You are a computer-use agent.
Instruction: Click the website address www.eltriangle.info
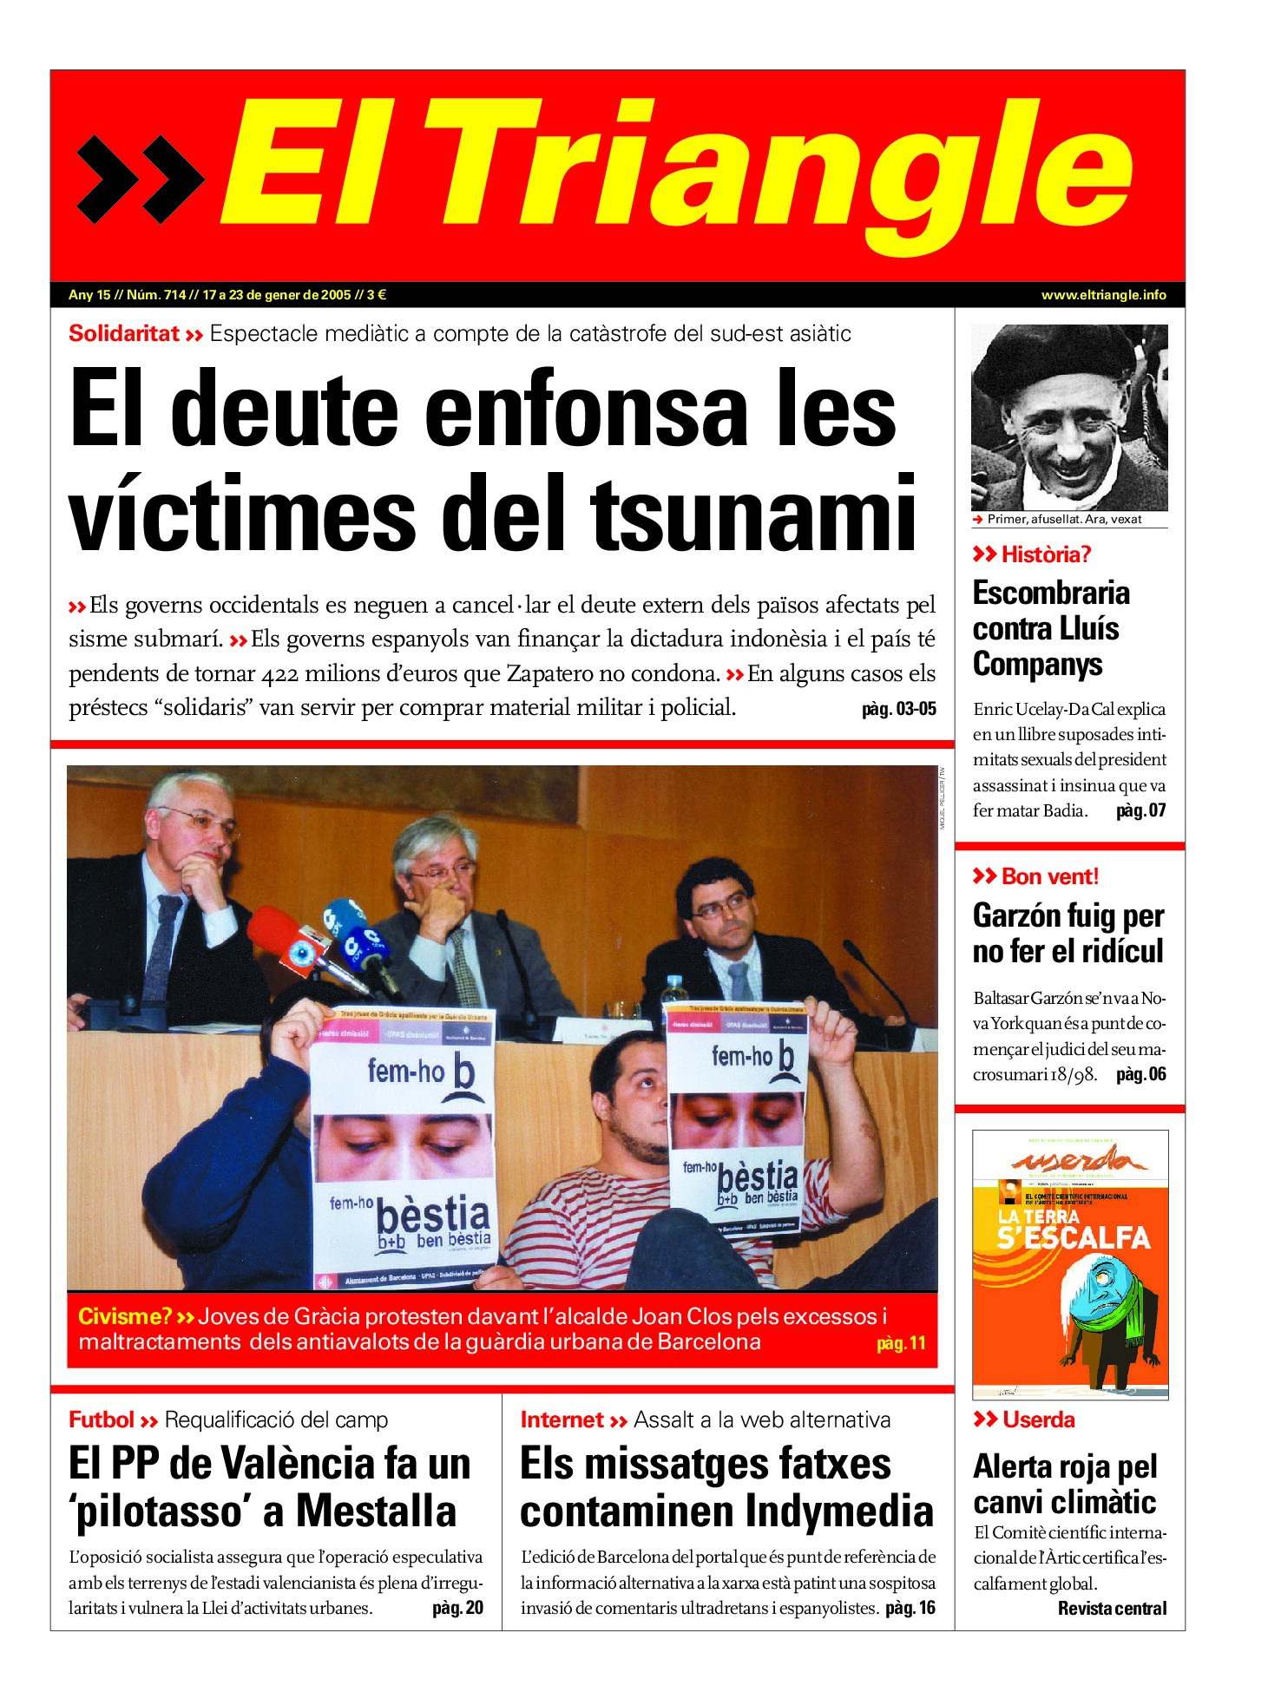[1103, 295]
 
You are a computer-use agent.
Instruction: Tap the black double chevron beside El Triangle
[140, 179]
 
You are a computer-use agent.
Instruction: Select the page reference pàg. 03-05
[898, 709]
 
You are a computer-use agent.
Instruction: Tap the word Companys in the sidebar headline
[1037, 664]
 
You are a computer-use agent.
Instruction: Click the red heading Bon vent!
[1049, 876]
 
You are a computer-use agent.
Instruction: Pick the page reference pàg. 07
[1140, 810]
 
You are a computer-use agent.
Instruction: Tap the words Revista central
[1112, 1608]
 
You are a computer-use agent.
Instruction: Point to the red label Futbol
[102, 1420]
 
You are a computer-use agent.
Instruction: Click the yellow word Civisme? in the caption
[125, 1316]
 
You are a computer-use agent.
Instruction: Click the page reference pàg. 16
[910, 1608]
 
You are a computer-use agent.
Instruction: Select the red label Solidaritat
[123, 333]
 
